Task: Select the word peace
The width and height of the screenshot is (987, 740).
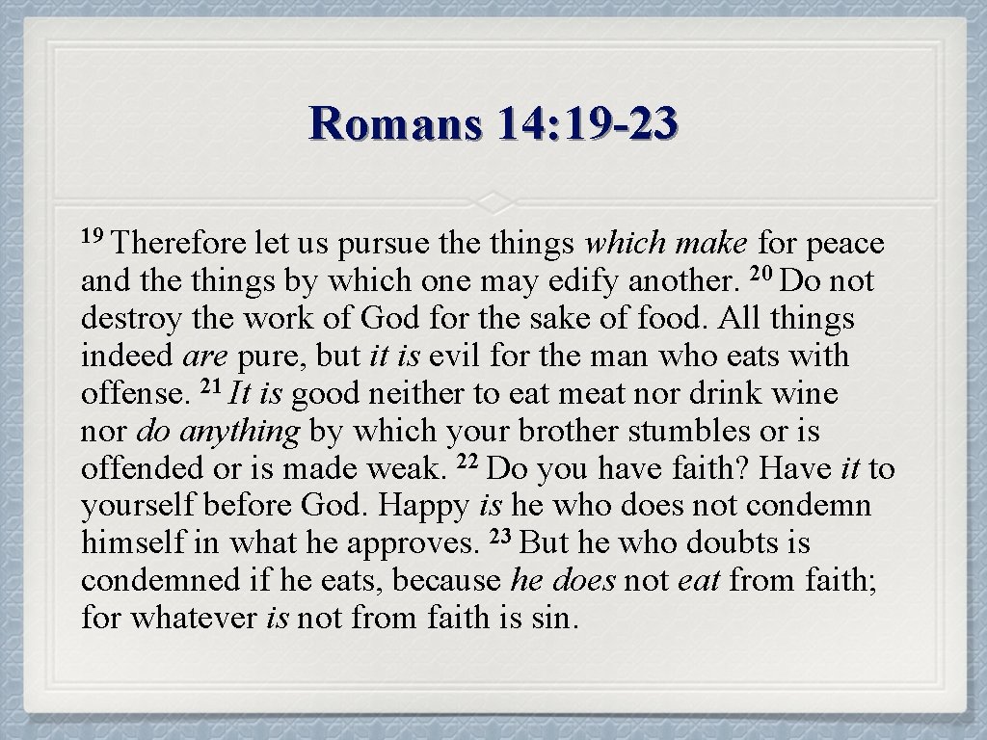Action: [x=845, y=244]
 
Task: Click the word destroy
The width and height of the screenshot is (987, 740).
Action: [x=122, y=319]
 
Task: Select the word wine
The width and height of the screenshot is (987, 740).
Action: [x=805, y=394]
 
